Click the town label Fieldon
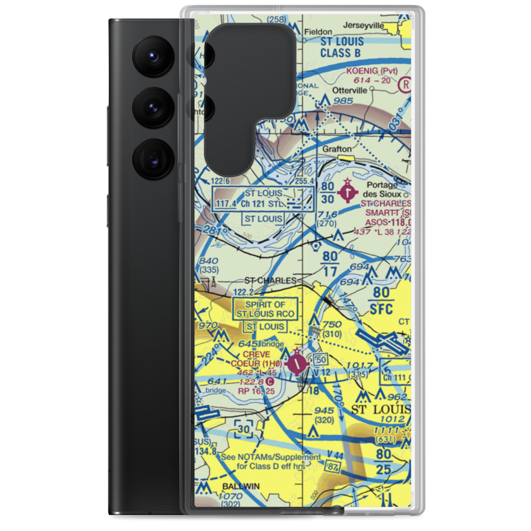coord(322,32)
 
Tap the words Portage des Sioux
coord(384,189)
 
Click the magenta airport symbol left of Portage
coord(347,192)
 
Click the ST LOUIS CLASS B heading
coord(342,47)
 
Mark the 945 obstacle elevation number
coord(324,410)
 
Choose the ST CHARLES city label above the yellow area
coord(270,280)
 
